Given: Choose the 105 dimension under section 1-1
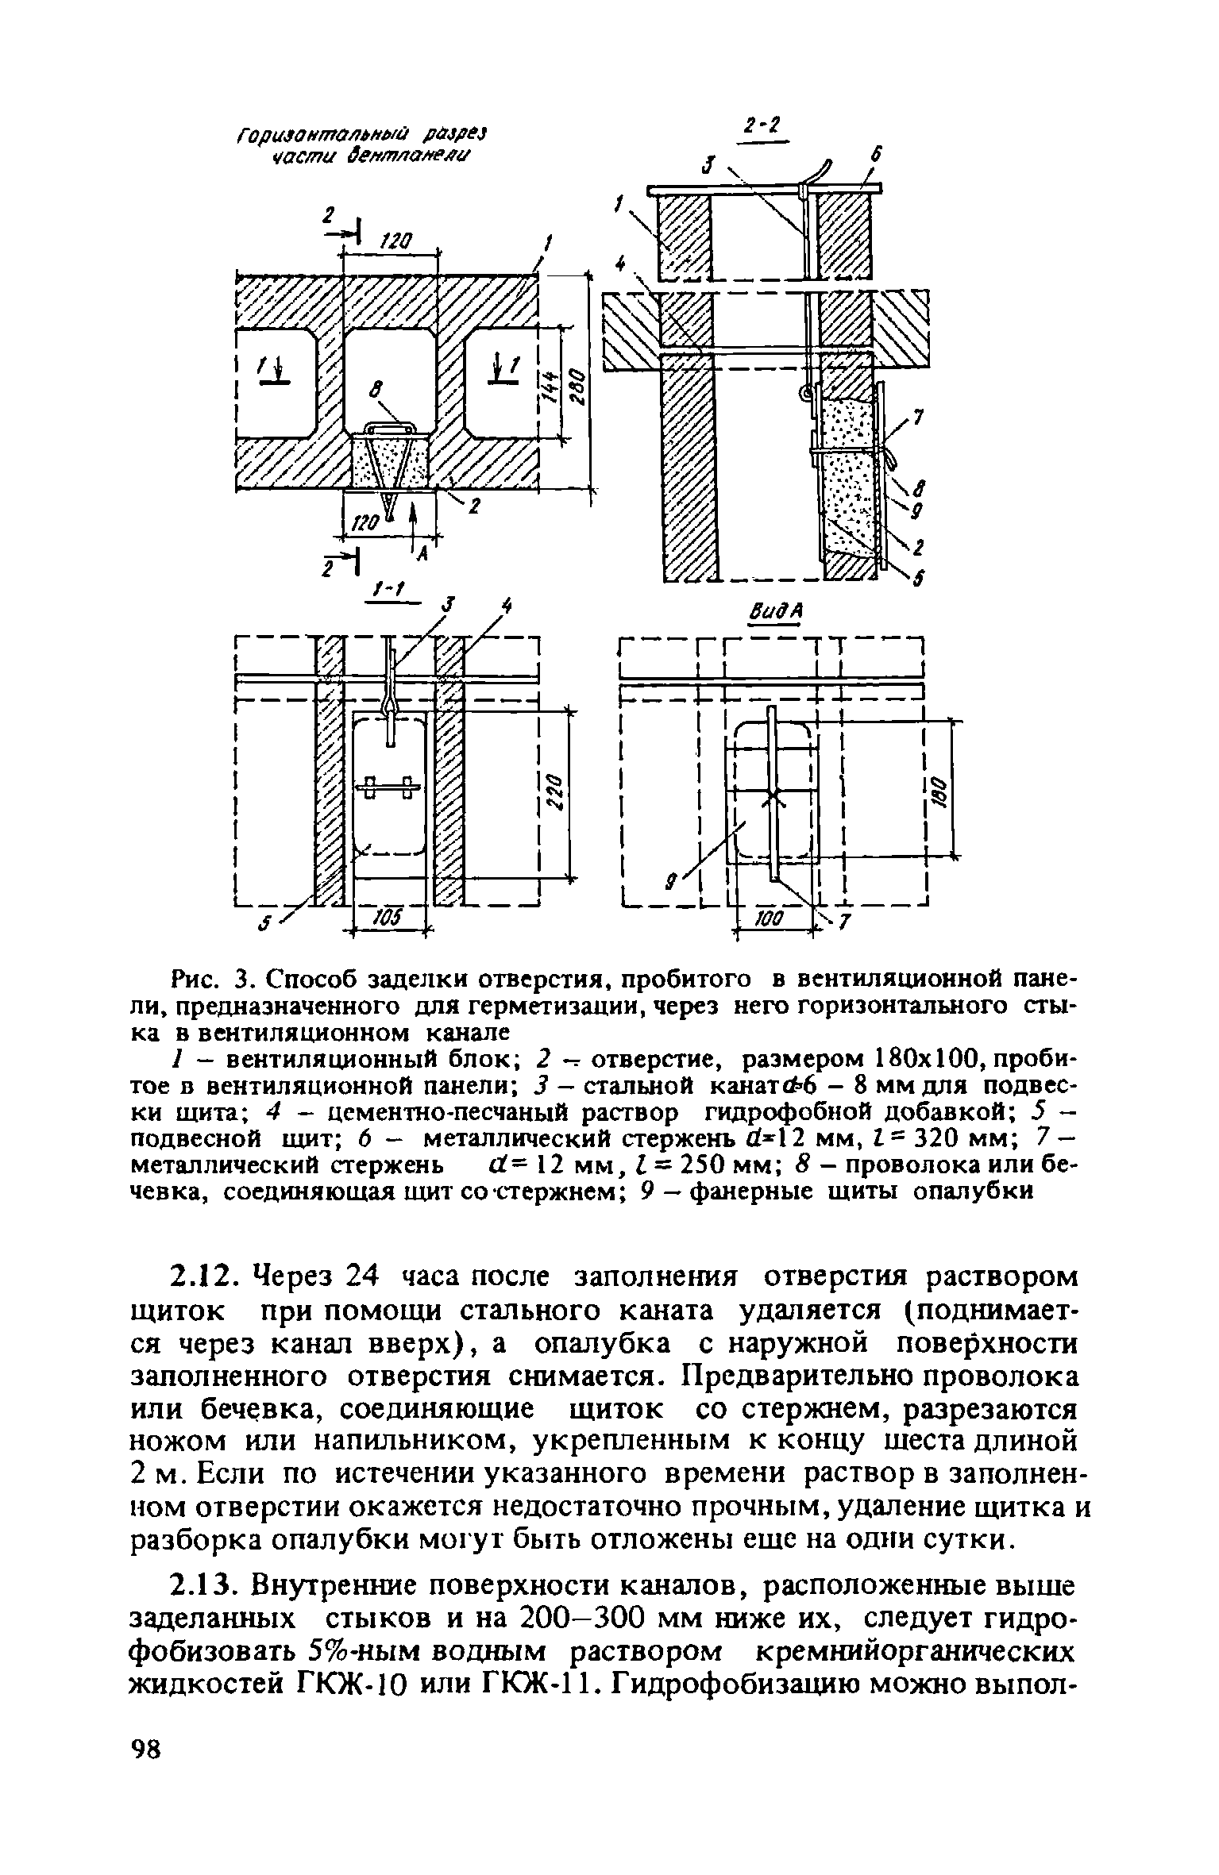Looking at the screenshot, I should click(x=387, y=918).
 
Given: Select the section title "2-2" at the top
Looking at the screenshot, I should click(x=761, y=126).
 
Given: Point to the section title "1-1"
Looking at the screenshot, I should click(x=389, y=589).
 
